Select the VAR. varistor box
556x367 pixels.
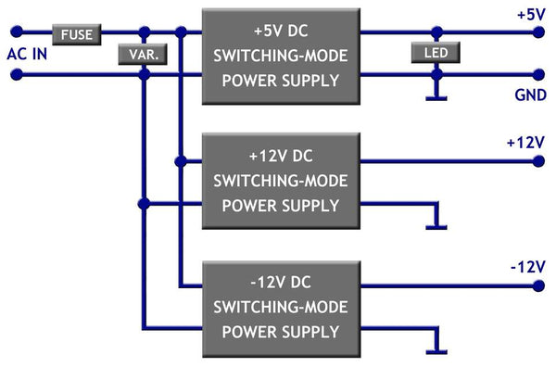click(143, 55)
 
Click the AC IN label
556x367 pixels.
click(27, 53)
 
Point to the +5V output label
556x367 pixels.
click(531, 15)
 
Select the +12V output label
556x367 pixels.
click(525, 143)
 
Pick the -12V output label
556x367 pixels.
click(526, 267)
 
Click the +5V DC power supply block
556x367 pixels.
click(281, 56)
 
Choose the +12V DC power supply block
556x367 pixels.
click(281, 180)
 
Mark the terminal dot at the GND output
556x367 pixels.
click(537, 74)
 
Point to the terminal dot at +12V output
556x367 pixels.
click(537, 161)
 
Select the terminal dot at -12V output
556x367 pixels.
click(537, 286)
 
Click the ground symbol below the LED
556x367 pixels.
click(434, 95)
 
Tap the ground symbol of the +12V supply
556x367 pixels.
click(434, 224)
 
